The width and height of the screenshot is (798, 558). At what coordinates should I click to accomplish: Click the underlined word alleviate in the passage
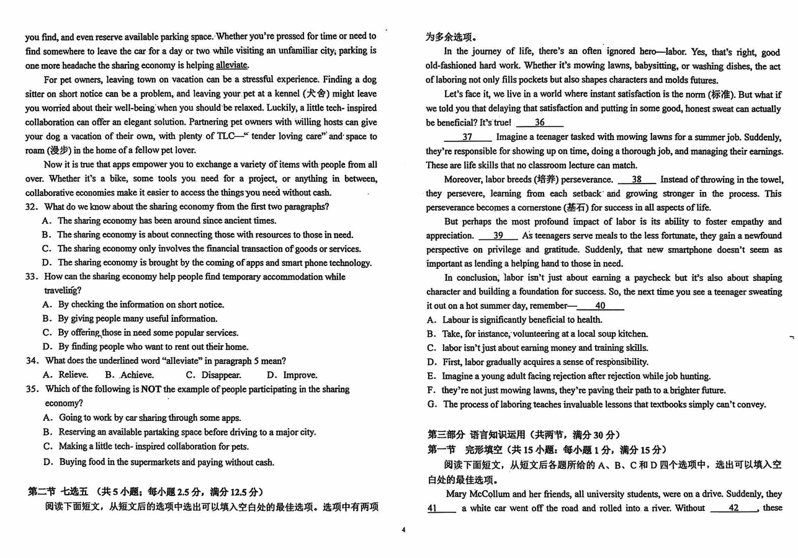click(x=231, y=65)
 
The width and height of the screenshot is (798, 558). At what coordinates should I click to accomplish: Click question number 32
click(x=32, y=207)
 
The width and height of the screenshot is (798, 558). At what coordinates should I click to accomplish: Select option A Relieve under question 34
click(x=66, y=375)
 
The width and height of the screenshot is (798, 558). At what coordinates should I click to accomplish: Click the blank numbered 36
click(x=539, y=123)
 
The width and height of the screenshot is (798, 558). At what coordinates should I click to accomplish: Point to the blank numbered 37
click(x=467, y=137)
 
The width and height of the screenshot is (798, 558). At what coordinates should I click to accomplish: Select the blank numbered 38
click(x=637, y=180)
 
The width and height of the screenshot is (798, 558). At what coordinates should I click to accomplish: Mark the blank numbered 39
click(x=498, y=236)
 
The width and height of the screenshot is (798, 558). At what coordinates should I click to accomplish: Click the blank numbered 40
click(x=600, y=306)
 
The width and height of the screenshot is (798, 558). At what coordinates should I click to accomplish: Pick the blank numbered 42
click(x=733, y=508)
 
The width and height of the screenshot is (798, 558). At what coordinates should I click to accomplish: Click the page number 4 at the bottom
click(x=403, y=529)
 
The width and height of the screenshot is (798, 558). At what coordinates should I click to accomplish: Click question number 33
click(x=32, y=277)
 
